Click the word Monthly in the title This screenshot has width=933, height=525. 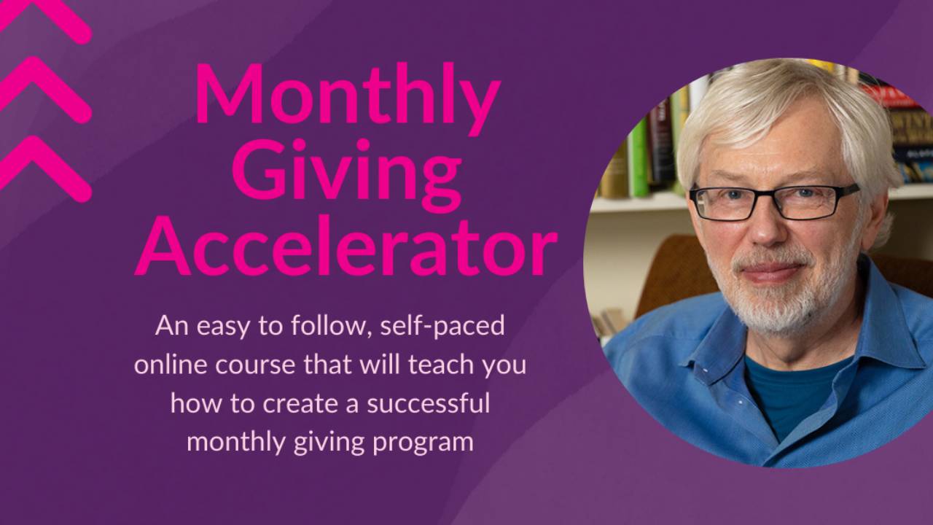click(347, 95)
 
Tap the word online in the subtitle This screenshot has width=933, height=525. click(171, 364)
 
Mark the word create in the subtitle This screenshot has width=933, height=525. click(273, 402)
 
